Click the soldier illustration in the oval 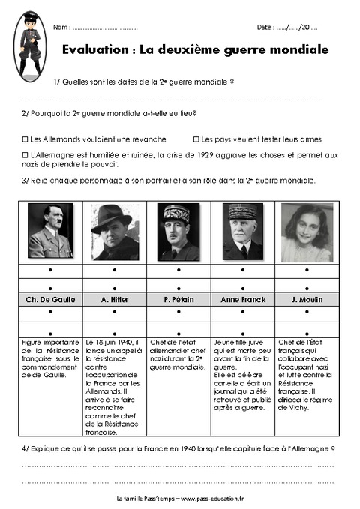[31, 44]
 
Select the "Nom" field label [61, 28]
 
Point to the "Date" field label [265, 28]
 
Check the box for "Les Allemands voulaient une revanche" [25, 139]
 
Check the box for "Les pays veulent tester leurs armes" [196, 139]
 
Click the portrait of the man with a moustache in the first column [50, 232]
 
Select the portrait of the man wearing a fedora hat [115, 232]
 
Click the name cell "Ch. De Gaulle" [50, 299]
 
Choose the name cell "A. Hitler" [115, 299]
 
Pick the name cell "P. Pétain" [178, 299]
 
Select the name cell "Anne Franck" [243, 299]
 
